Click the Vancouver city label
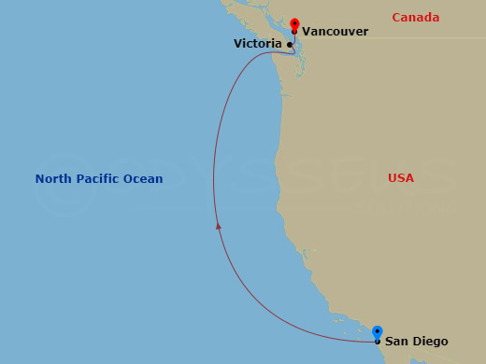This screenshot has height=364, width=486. click(335, 32)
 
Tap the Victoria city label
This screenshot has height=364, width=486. click(257, 44)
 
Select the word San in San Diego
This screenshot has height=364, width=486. click(396, 342)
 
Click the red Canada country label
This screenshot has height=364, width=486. click(415, 18)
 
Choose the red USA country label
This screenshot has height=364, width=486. click(401, 178)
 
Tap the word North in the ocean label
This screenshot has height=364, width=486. click(53, 179)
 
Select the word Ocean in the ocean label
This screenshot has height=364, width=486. click(144, 179)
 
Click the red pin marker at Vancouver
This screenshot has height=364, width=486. click(294, 23)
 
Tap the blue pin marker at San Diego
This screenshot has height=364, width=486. click(377, 331)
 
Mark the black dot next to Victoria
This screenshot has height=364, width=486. click(290, 45)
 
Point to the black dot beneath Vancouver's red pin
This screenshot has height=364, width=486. click(294, 32)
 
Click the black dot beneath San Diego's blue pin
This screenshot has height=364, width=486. click(377, 342)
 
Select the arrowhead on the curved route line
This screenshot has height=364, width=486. click(218, 225)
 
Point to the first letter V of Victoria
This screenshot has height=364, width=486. click(238, 44)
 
